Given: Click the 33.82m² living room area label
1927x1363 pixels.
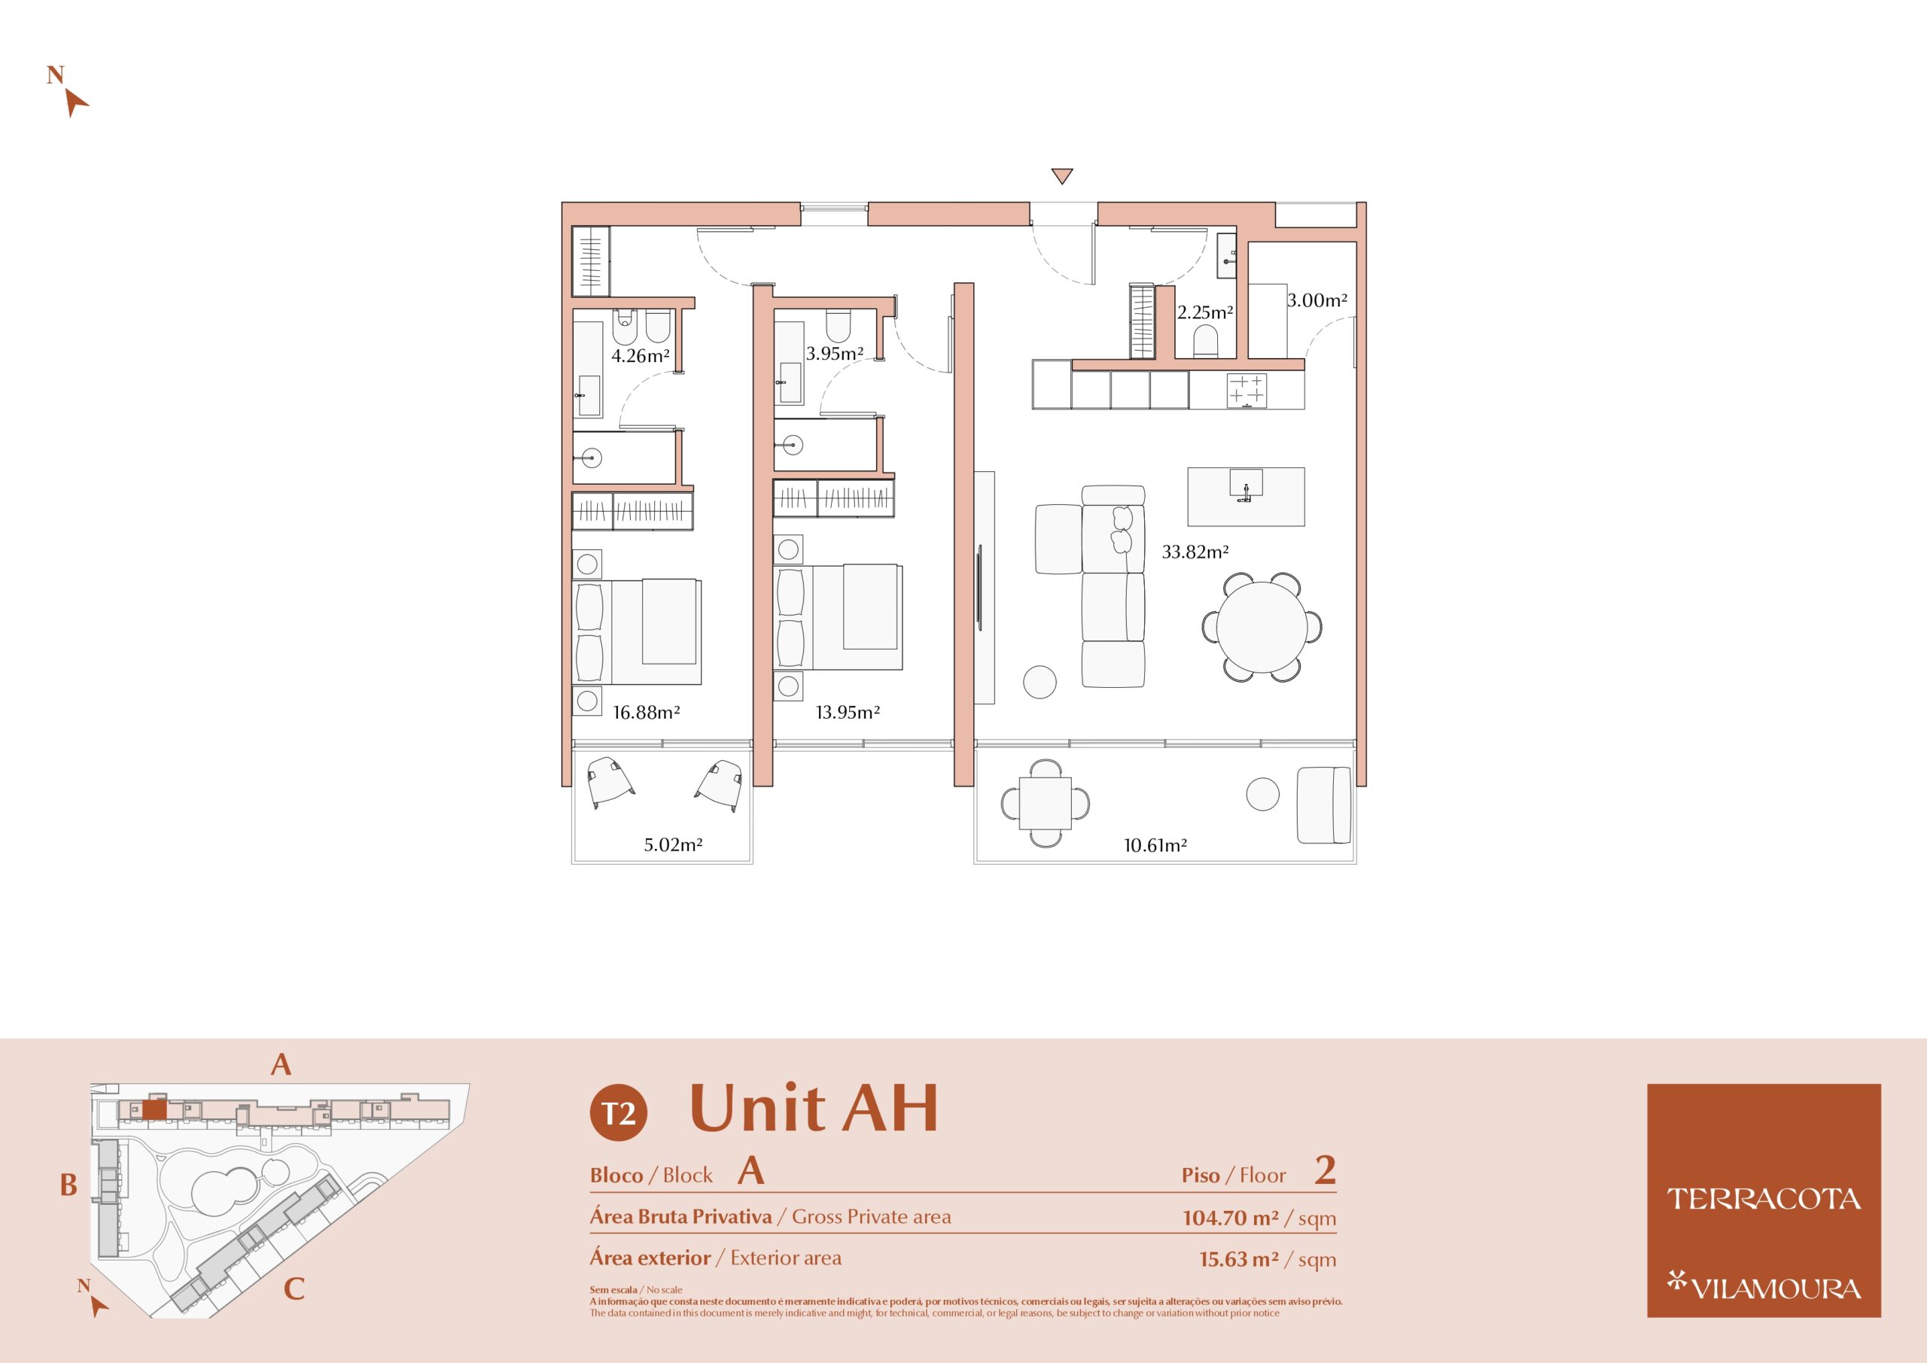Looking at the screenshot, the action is point(1195,552).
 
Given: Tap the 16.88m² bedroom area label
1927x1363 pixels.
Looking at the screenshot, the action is point(647,713).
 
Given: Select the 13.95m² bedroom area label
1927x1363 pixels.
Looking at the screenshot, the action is point(848,713).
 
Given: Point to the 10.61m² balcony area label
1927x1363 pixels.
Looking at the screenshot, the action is point(1155,845).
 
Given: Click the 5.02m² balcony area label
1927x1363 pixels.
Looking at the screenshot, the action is point(673,845).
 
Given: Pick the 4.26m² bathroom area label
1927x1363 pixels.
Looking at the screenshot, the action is point(641,356).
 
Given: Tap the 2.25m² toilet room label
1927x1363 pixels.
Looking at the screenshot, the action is point(1205,312).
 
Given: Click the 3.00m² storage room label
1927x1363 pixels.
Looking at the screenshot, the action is point(1318,300).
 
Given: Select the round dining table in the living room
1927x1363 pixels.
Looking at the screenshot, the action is point(1262,627).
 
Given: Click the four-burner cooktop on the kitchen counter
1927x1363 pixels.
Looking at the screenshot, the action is point(1247,391).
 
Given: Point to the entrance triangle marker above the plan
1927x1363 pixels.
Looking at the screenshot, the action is point(1061,176).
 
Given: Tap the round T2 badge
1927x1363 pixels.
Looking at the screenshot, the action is point(619,1113).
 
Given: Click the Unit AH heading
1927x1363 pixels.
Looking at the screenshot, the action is point(813,1109).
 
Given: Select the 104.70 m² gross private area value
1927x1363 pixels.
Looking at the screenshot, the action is point(1231,1218).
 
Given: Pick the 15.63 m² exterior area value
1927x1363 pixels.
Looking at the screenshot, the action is point(1239,1259).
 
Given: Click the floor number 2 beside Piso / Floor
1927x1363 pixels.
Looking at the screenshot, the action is point(1326,1170).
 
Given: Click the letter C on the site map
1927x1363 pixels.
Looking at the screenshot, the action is point(294,1289).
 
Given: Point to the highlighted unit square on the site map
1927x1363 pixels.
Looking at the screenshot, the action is point(154,1110).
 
